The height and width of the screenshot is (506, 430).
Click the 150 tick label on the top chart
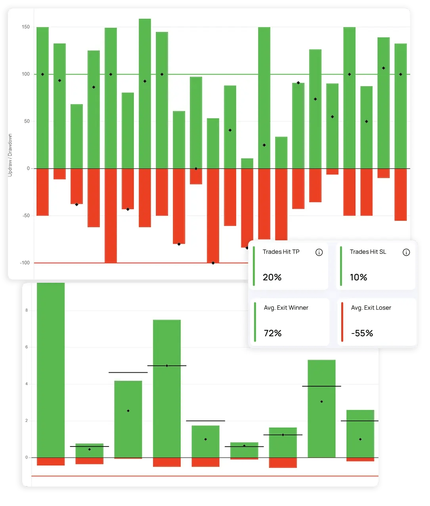click(x=26, y=27)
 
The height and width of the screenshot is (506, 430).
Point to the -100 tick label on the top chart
click(x=25, y=263)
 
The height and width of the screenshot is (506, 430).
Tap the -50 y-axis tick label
click(x=26, y=216)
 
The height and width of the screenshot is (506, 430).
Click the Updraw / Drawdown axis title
click(x=10, y=155)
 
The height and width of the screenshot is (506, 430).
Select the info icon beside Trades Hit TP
click(x=319, y=252)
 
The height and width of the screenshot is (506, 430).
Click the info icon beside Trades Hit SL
click(x=406, y=252)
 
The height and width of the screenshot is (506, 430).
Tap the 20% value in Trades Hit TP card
click(x=272, y=277)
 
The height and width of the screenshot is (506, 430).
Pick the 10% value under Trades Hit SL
click(x=359, y=277)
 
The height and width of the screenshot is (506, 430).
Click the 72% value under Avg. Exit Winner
click(x=273, y=333)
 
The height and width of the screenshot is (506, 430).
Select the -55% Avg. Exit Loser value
click(x=362, y=333)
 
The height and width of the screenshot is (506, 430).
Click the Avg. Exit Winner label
click(x=286, y=308)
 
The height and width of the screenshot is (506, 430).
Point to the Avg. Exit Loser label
click(x=371, y=308)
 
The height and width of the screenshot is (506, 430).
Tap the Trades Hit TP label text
click(x=281, y=252)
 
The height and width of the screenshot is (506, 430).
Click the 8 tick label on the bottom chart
click(x=27, y=310)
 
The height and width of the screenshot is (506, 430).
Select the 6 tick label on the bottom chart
click(x=27, y=347)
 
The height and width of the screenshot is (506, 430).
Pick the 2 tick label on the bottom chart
click(x=27, y=421)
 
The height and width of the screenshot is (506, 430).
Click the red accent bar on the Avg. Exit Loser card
click(x=342, y=322)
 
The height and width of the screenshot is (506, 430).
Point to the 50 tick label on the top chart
click(x=27, y=121)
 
